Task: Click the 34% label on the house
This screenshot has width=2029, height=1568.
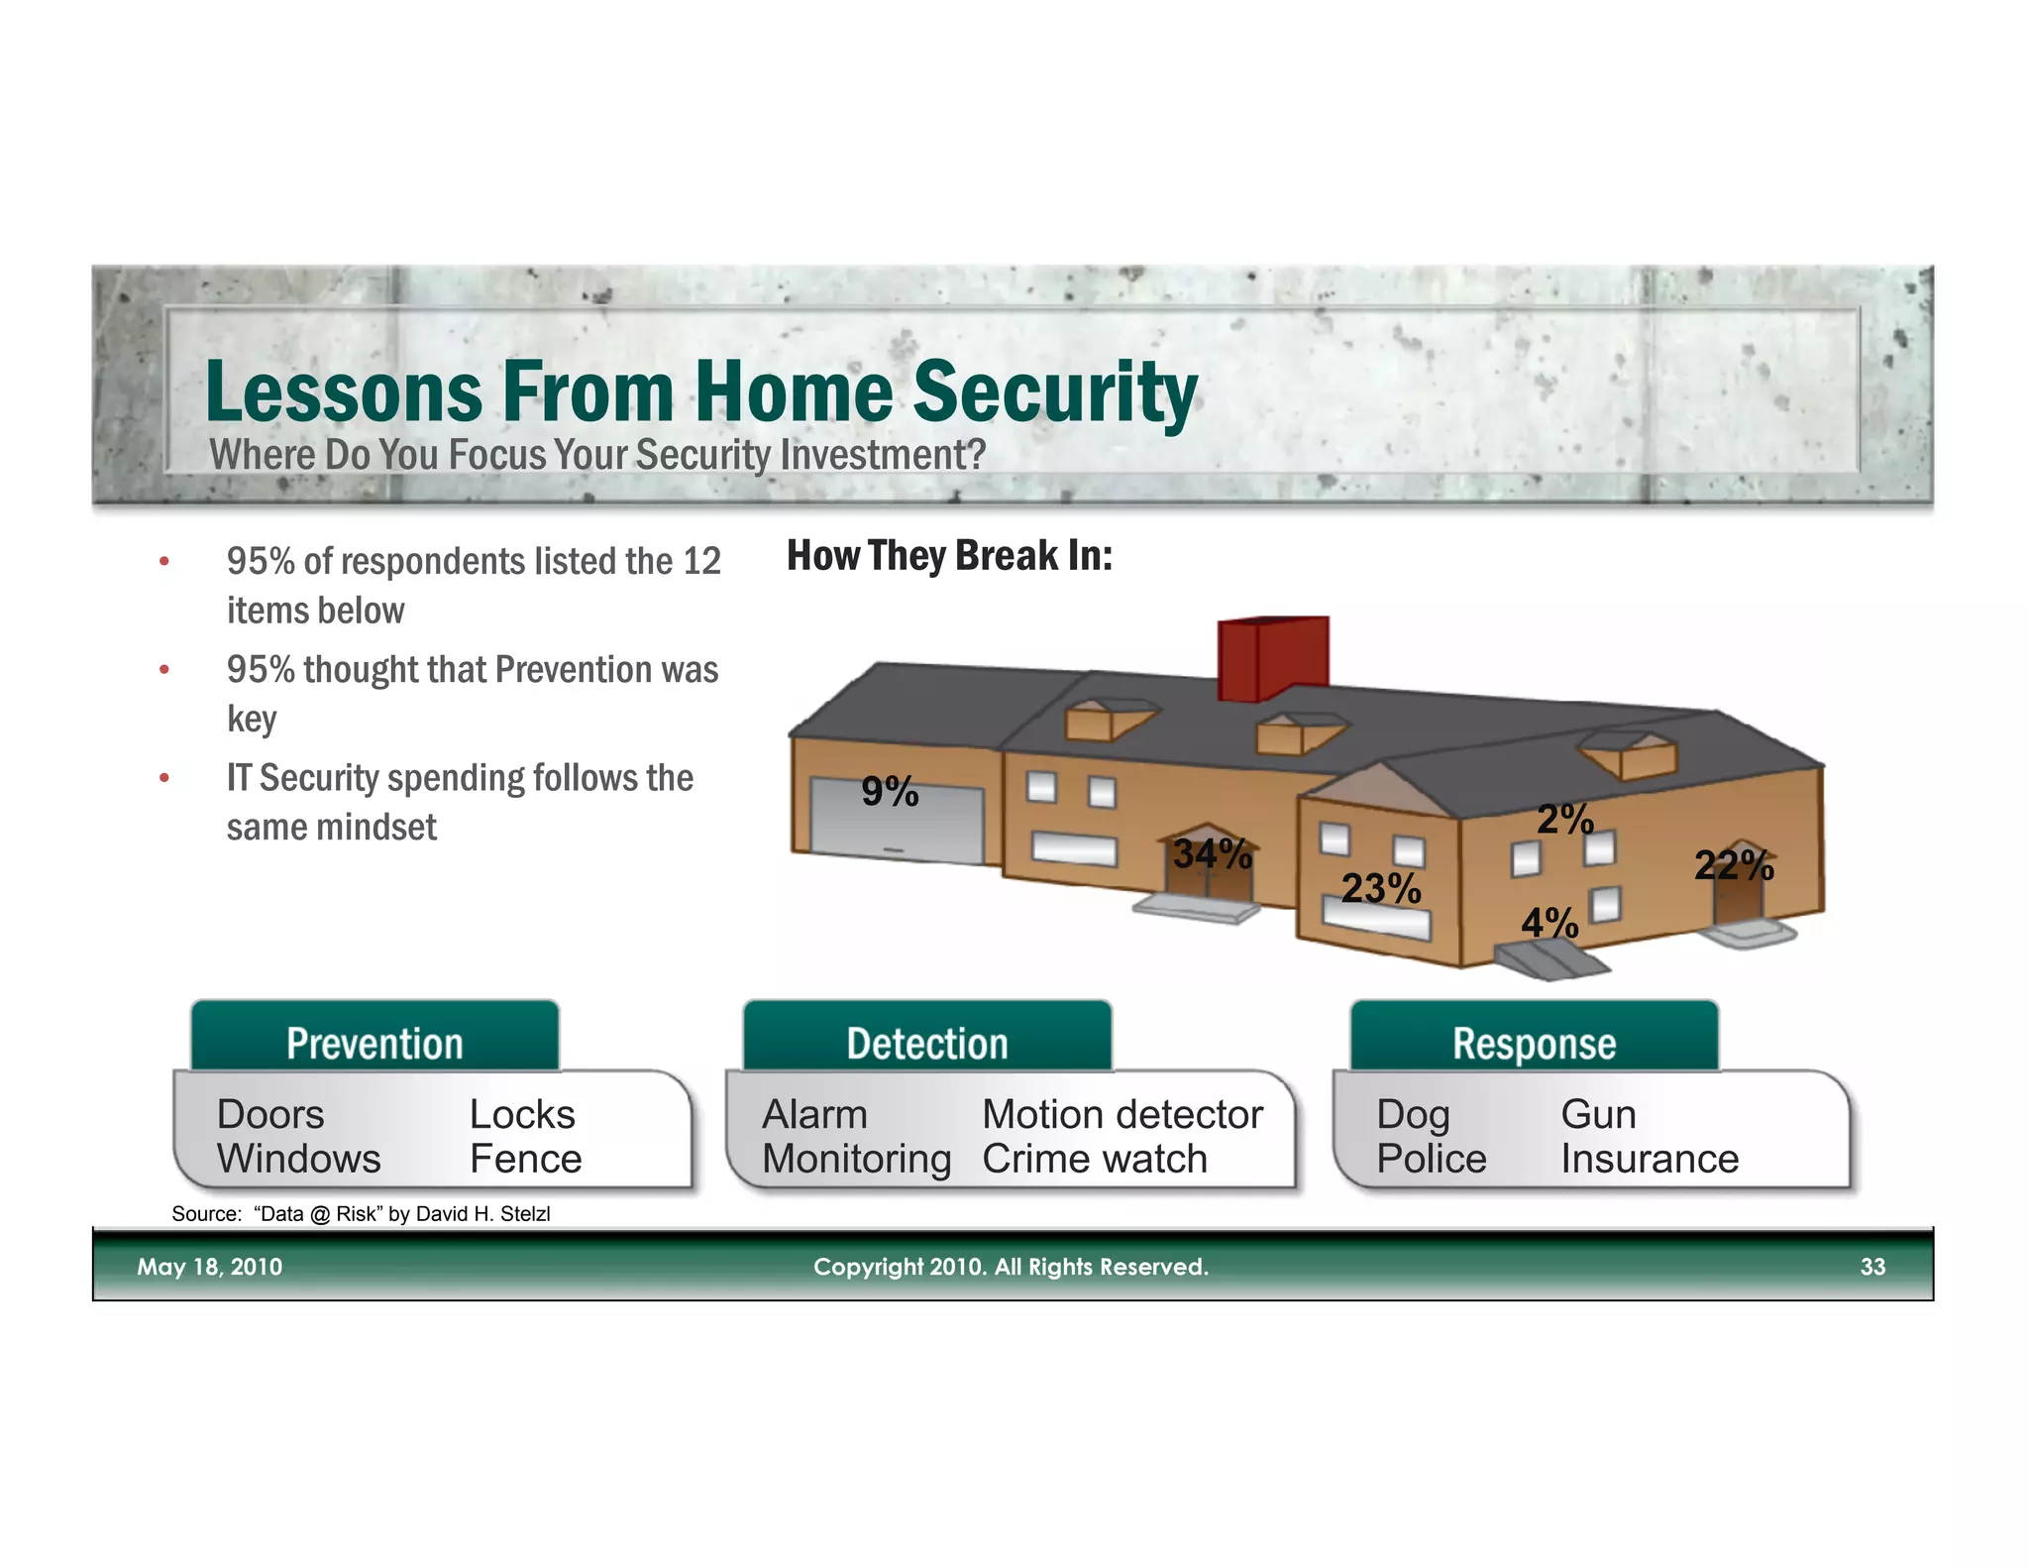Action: click(x=1212, y=853)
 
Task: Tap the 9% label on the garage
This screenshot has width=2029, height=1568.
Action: click(x=890, y=791)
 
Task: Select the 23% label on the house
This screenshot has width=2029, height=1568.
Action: click(x=1380, y=888)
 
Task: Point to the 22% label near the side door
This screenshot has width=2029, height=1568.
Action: click(x=1733, y=865)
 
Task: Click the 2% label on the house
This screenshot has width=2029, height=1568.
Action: click(x=1564, y=820)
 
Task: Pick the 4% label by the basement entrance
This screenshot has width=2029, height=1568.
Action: click(x=1548, y=924)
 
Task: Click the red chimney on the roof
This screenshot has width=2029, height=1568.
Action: click(x=1272, y=658)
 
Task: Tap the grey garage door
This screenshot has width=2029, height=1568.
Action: click(x=897, y=823)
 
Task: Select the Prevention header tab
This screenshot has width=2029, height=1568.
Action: click(x=374, y=1043)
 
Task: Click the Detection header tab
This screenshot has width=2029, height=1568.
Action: click(x=927, y=1043)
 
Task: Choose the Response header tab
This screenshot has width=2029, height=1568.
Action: click(x=1534, y=1043)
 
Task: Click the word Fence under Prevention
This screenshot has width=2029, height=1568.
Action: click(x=525, y=1159)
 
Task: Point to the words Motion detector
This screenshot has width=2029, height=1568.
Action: click(x=1121, y=1114)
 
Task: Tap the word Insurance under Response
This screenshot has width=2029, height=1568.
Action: click(x=1650, y=1159)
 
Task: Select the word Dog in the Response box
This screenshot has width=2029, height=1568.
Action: click(x=1412, y=1115)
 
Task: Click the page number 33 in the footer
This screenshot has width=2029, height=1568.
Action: click(x=1871, y=1267)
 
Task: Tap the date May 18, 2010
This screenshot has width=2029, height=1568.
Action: click(x=209, y=1267)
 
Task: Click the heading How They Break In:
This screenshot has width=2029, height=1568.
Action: click(x=949, y=556)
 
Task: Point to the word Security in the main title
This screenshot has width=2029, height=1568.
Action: click(x=1054, y=392)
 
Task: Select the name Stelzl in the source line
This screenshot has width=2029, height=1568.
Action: click(x=525, y=1214)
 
